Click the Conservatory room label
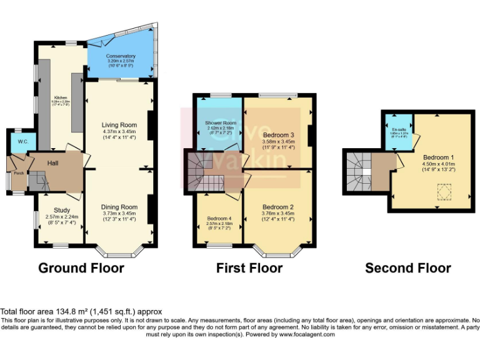pos(121,56)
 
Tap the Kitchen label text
pos(61,97)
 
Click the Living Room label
pos(120,125)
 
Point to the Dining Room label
pos(119,207)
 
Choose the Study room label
pos(57,210)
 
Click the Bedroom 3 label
pos(278,135)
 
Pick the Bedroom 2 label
pos(278,207)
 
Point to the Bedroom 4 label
pos(219,219)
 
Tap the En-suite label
pos(398,129)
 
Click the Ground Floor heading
pos(81,268)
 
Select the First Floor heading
pos(249,268)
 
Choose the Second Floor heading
pos(408,268)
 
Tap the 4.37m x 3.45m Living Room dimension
pos(119,132)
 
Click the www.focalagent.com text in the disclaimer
pos(303,334)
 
